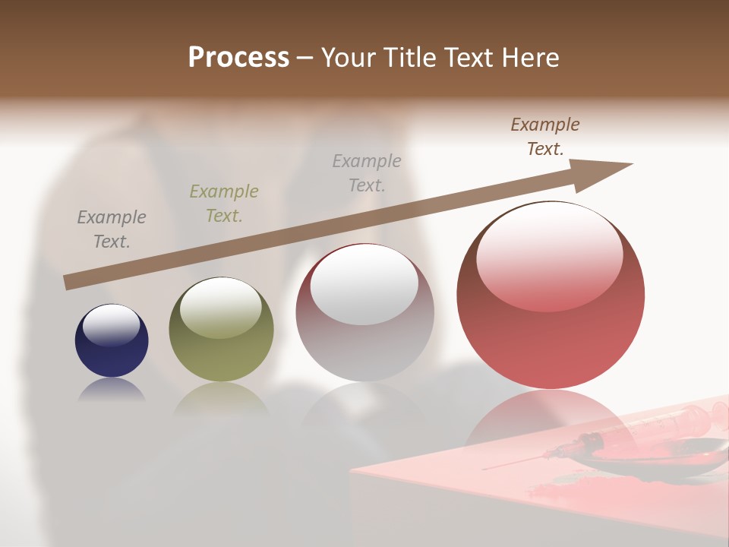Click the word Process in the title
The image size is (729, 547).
click(x=238, y=57)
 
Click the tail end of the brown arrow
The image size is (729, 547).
click(x=70, y=282)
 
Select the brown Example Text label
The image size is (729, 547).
click(x=544, y=137)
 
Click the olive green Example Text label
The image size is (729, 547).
click(x=223, y=204)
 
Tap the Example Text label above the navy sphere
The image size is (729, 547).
click(x=112, y=229)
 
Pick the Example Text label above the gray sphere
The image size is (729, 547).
click(x=367, y=172)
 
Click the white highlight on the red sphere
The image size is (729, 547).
click(x=549, y=258)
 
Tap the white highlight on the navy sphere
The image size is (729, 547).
click(x=111, y=325)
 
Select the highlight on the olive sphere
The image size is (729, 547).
click(x=221, y=308)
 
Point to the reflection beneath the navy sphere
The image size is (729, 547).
click(x=112, y=390)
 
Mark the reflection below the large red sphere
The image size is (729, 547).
click(x=551, y=418)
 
